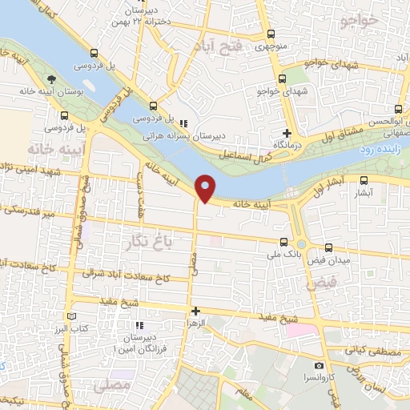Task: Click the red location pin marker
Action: click(206, 187)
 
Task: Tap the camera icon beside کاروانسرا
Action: click(319, 366)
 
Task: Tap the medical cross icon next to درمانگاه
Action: click(287, 133)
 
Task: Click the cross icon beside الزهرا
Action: click(195, 310)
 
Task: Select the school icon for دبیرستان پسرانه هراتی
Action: click(183, 123)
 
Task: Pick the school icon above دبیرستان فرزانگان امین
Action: click(139, 325)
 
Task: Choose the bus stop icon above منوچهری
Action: click(271, 34)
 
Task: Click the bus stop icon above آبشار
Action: click(364, 181)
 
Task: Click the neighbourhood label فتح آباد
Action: click(216, 47)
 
